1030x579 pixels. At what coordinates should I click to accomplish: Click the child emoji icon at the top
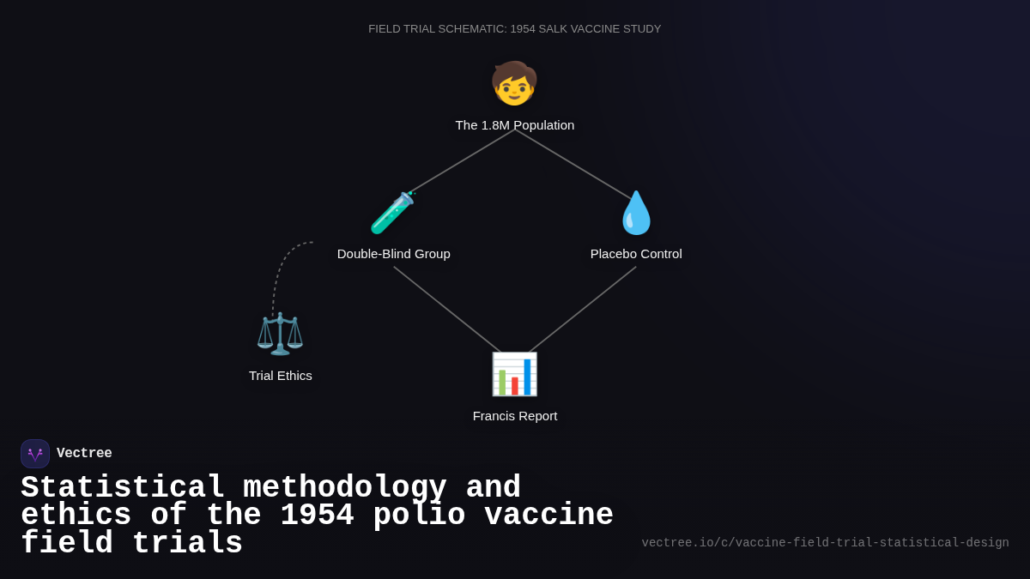[x=514, y=84]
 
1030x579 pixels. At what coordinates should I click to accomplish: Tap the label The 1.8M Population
[x=515, y=125]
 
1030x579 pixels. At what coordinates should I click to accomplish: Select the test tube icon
[x=393, y=213]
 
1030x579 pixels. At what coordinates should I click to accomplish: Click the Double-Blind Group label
[x=393, y=254]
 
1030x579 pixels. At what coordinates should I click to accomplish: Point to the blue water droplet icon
[x=636, y=213]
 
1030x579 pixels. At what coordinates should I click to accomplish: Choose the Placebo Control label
[x=636, y=254]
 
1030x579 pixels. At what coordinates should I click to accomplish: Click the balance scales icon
[x=280, y=334]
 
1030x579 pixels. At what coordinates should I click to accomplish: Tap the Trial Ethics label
[x=281, y=376]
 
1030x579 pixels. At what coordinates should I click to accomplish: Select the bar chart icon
[x=514, y=374]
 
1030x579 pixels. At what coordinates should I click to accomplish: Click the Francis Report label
[x=515, y=416]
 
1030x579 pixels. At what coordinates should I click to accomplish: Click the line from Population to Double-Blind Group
[x=462, y=161]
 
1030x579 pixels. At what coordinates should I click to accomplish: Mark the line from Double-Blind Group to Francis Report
[x=446, y=309]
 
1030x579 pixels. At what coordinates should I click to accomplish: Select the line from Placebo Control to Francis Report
[x=584, y=309]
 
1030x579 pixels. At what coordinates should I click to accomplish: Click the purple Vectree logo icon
[x=35, y=454]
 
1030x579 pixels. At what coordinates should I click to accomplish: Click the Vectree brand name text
[x=84, y=454]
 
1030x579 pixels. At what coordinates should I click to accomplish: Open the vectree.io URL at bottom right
[x=825, y=543]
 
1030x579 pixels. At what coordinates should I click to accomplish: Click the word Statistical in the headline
[x=123, y=487]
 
